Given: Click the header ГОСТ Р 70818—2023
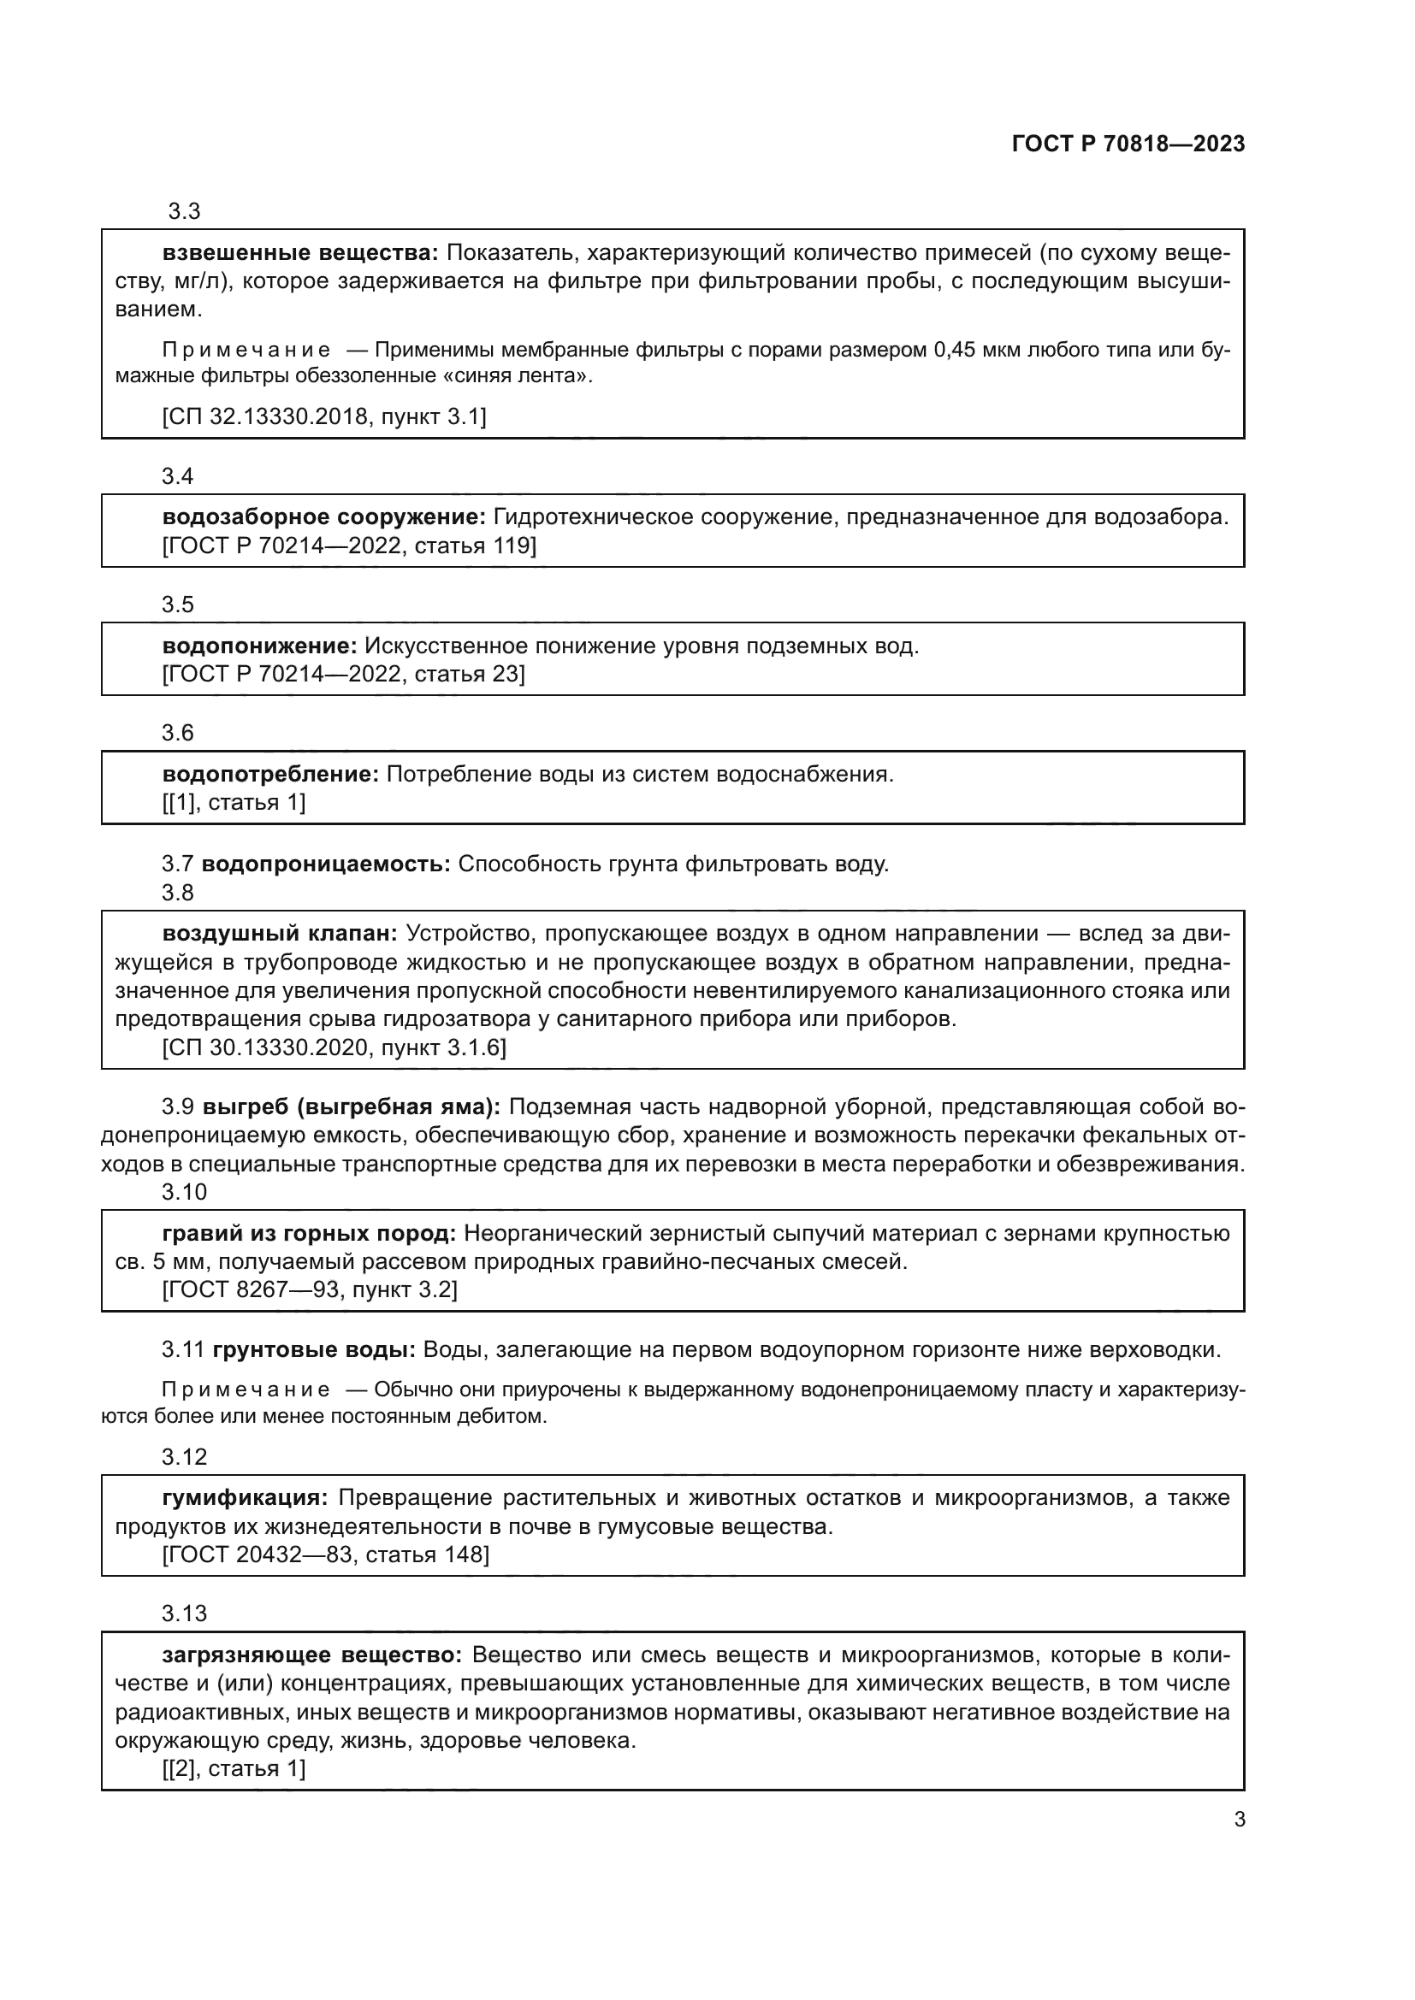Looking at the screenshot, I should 1128,145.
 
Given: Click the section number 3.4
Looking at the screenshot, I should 178,476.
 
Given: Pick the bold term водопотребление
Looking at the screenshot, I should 270,775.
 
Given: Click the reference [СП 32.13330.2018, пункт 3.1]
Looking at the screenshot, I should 324,416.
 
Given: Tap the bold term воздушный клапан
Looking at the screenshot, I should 280,934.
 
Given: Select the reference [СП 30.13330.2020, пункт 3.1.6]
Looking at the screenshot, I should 334,1047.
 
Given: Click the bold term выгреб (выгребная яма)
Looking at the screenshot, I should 352,1107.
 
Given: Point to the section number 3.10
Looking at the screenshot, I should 184,1192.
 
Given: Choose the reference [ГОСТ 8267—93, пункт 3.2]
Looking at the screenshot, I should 310,1289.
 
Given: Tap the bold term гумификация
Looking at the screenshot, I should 245,1498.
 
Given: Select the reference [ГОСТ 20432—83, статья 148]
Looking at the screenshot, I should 325,1555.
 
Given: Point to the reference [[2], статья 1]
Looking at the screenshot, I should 234,1768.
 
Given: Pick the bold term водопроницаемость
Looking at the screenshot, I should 326,864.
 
